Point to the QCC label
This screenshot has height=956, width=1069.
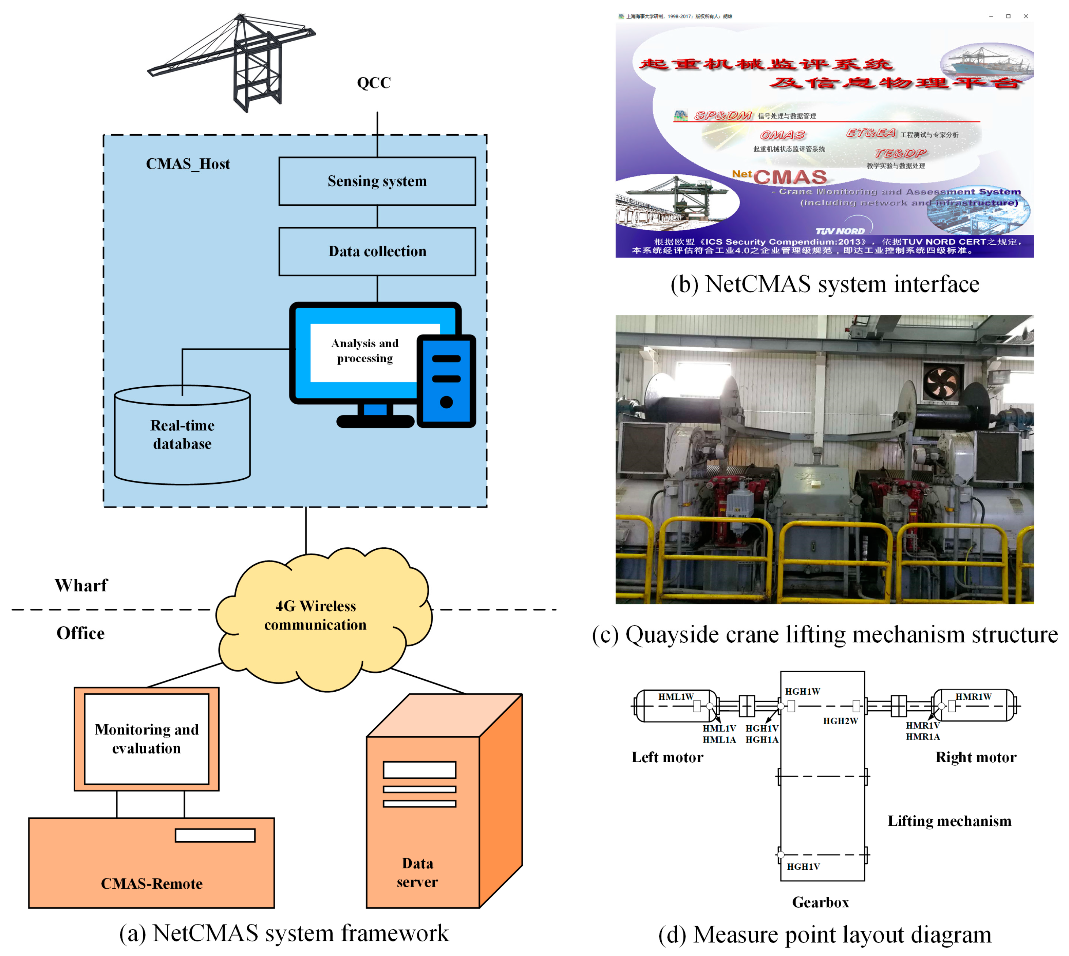point(374,83)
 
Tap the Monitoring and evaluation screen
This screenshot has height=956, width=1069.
point(147,738)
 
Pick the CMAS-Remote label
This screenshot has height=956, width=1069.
point(151,884)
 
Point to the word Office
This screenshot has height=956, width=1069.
point(80,633)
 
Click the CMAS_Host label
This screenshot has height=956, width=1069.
point(188,164)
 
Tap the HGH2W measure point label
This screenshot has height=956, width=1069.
point(840,721)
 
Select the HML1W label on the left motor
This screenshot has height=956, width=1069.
point(676,696)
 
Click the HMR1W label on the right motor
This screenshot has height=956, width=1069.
point(973,696)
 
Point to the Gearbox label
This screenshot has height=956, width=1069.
point(820,902)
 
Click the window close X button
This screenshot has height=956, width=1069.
point(1025,16)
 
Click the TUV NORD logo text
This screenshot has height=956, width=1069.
point(839,231)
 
